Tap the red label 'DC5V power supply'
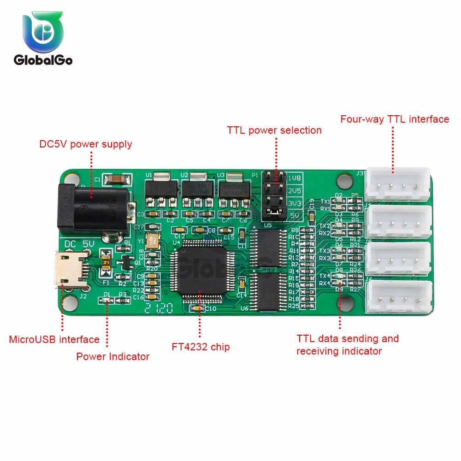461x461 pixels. point(85,144)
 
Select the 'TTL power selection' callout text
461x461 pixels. point(274,130)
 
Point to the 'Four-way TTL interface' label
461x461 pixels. point(395,119)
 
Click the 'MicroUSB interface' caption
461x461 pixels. point(54,340)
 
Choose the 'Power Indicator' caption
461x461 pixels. point(113,356)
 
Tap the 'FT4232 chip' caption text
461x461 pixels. point(201,347)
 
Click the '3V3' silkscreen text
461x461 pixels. point(294,202)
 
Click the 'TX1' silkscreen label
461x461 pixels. point(325,201)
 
